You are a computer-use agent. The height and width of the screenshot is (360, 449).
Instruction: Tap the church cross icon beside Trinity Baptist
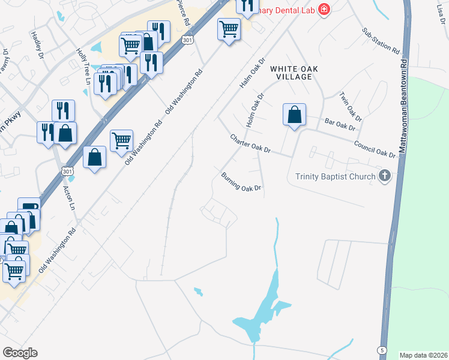click(385, 176)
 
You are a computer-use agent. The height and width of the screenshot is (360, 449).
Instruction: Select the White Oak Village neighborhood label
click(294, 73)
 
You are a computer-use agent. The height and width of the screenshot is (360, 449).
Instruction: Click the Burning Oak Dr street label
click(242, 182)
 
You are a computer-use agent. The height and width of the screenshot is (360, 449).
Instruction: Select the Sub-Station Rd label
click(381, 41)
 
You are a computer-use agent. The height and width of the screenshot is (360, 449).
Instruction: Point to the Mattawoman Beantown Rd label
click(404, 105)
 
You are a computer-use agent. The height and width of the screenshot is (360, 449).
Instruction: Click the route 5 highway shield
click(382, 350)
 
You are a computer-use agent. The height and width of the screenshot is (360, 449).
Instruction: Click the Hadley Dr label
click(38, 42)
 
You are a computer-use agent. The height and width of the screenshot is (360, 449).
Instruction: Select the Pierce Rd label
click(184, 13)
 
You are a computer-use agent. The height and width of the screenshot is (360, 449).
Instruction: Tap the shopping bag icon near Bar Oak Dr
click(294, 115)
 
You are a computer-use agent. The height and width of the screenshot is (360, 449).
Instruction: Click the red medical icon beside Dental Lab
click(324, 8)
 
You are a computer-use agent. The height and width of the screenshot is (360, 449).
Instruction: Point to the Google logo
click(20, 353)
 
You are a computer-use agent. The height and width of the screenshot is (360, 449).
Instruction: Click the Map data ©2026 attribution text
click(424, 355)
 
